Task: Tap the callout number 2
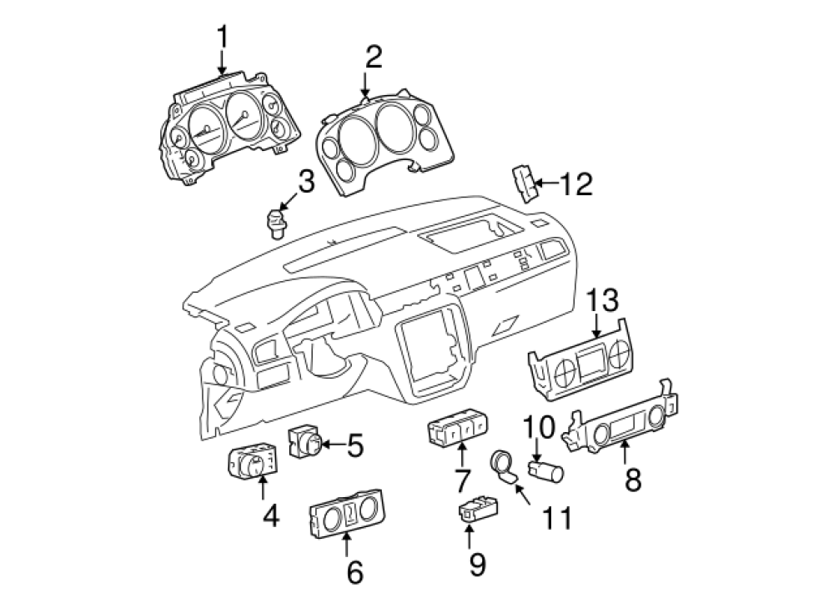pos(373,57)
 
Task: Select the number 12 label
pos(575,183)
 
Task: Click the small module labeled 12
pos(524,183)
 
